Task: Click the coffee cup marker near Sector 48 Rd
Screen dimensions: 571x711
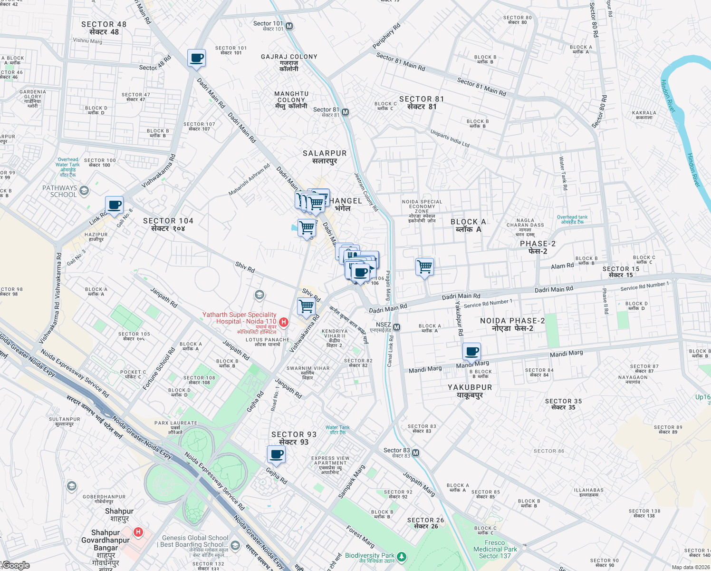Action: (x=196, y=59)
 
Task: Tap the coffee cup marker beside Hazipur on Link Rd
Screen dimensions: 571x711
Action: (x=114, y=206)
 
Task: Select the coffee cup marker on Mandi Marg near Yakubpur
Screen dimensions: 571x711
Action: (x=471, y=352)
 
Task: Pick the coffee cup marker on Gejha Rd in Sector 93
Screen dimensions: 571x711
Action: (x=276, y=454)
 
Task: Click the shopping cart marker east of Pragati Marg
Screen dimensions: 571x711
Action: (x=424, y=266)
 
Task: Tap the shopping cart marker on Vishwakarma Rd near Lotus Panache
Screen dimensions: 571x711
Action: (x=307, y=306)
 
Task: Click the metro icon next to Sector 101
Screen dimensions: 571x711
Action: (x=289, y=26)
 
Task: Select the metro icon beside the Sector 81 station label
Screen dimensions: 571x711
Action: (x=346, y=112)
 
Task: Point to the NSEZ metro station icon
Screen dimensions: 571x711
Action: (x=397, y=327)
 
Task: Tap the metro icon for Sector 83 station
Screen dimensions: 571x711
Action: (x=416, y=453)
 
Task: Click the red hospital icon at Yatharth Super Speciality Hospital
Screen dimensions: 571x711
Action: (x=284, y=322)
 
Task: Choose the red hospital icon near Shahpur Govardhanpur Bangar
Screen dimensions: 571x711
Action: (x=138, y=532)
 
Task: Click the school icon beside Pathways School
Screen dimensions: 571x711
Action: (x=84, y=191)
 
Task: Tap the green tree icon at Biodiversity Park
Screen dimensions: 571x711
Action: (x=402, y=556)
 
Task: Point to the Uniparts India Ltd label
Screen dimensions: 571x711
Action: (x=450, y=138)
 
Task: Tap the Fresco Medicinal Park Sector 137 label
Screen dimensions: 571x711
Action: (x=495, y=549)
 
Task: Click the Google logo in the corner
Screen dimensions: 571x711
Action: (x=16, y=565)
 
